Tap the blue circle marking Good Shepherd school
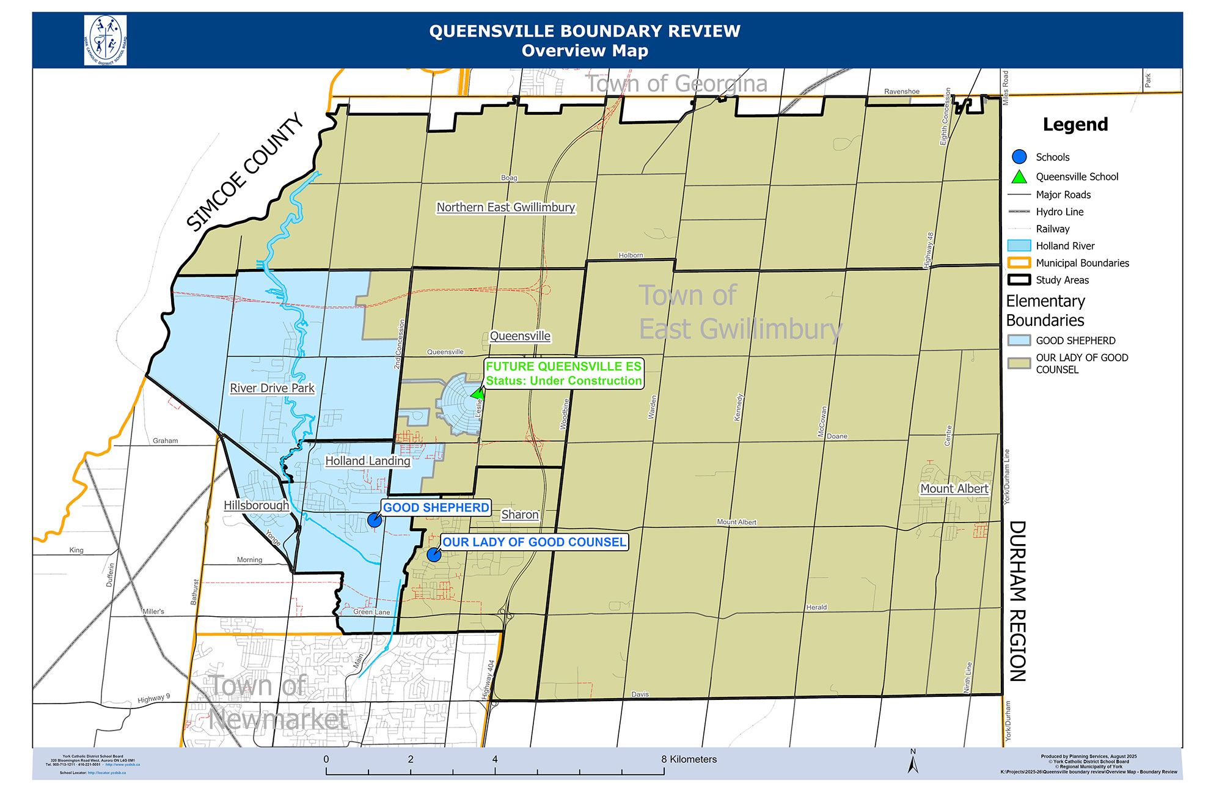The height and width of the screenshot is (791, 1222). (375, 520)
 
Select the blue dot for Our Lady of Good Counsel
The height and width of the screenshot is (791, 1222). (434, 554)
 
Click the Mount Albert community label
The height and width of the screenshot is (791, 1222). (954, 488)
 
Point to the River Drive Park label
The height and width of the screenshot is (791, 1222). (272, 388)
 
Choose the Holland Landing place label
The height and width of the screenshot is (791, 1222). (367, 461)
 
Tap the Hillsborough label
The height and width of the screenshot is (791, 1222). (256, 506)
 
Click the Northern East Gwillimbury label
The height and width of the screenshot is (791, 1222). (505, 207)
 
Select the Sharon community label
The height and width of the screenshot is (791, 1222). (520, 515)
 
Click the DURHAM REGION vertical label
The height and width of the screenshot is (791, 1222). (1017, 601)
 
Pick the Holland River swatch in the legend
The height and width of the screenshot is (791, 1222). (1019, 246)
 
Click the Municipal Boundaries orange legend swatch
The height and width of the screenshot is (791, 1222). (1019, 263)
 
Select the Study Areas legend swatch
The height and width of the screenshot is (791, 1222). (1019, 280)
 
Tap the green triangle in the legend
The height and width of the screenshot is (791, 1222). (1019, 177)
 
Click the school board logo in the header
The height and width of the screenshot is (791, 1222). (105, 40)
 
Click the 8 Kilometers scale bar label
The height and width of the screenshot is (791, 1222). (689, 759)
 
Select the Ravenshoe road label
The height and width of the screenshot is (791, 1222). (901, 92)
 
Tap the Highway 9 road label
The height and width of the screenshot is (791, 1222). (153, 699)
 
